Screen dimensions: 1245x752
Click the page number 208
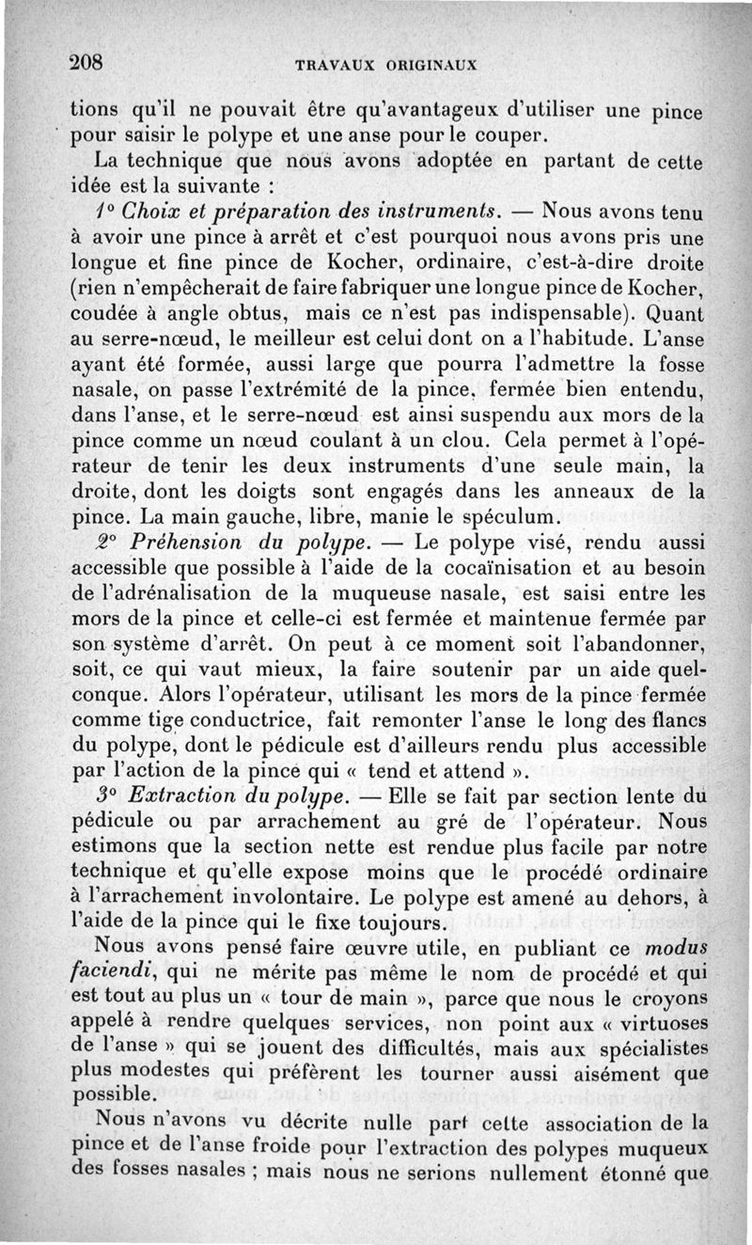pyautogui.click(x=86, y=63)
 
